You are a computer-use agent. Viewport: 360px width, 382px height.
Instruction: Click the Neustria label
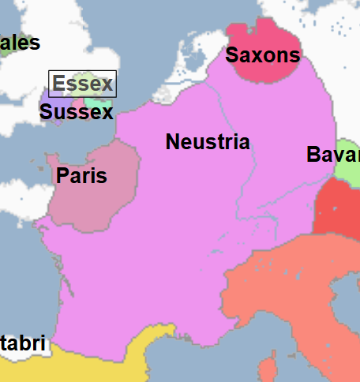(208, 143)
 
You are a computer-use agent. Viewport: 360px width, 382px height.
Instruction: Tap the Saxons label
(263, 55)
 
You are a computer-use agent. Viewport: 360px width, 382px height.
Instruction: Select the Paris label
(81, 176)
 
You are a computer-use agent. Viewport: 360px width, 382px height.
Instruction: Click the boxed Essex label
(82, 84)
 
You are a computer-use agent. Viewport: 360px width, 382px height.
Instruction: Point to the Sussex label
(76, 112)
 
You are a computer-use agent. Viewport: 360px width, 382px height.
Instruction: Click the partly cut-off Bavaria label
(333, 155)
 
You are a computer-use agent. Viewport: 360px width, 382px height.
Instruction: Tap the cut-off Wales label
(20, 43)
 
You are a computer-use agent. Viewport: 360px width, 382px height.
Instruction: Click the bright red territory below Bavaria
(338, 209)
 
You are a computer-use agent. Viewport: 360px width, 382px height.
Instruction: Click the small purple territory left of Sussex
(46, 103)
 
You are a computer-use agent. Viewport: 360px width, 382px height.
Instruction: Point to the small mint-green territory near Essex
(98, 103)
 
